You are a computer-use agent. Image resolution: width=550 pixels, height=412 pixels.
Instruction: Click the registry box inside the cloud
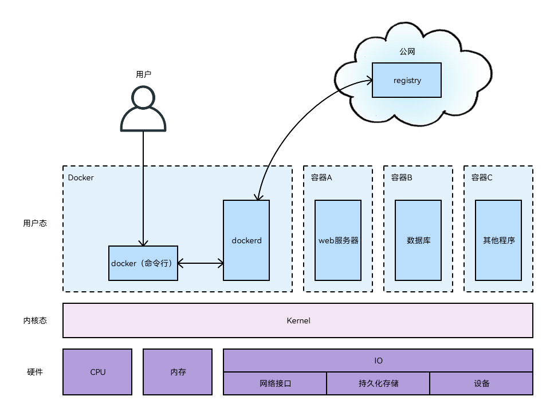[407, 80]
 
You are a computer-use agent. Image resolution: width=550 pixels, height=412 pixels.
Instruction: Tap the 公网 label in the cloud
[407, 51]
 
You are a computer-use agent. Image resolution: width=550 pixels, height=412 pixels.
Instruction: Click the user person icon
[143, 109]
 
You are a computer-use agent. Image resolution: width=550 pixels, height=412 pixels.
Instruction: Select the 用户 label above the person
[143, 74]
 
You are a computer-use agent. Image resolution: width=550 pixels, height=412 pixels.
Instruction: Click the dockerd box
[246, 240]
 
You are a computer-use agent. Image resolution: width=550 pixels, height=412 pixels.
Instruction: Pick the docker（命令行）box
[143, 263]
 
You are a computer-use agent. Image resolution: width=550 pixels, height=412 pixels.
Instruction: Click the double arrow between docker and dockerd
[201, 264]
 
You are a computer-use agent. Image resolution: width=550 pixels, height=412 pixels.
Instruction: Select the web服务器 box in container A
[338, 240]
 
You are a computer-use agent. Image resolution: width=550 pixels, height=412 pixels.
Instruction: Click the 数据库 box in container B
[418, 240]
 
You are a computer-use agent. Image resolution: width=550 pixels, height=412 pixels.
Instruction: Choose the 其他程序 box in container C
[498, 240]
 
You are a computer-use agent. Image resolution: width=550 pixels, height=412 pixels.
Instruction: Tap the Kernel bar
[298, 320]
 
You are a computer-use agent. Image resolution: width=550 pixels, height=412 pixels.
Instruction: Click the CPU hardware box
[97, 372]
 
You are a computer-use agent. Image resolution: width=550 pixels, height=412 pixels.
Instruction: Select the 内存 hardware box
[178, 372]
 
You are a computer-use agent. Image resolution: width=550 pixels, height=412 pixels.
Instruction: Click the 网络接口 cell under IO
[275, 383]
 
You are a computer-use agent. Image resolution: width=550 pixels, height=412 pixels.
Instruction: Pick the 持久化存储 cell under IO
[378, 383]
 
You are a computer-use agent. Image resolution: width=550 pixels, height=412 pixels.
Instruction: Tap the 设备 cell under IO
[481, 383]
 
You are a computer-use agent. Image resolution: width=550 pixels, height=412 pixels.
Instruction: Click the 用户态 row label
[35, 223]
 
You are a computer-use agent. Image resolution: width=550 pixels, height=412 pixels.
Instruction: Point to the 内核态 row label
[35, 320]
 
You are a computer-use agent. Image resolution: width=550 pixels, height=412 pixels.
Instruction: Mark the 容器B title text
[402, 177]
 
